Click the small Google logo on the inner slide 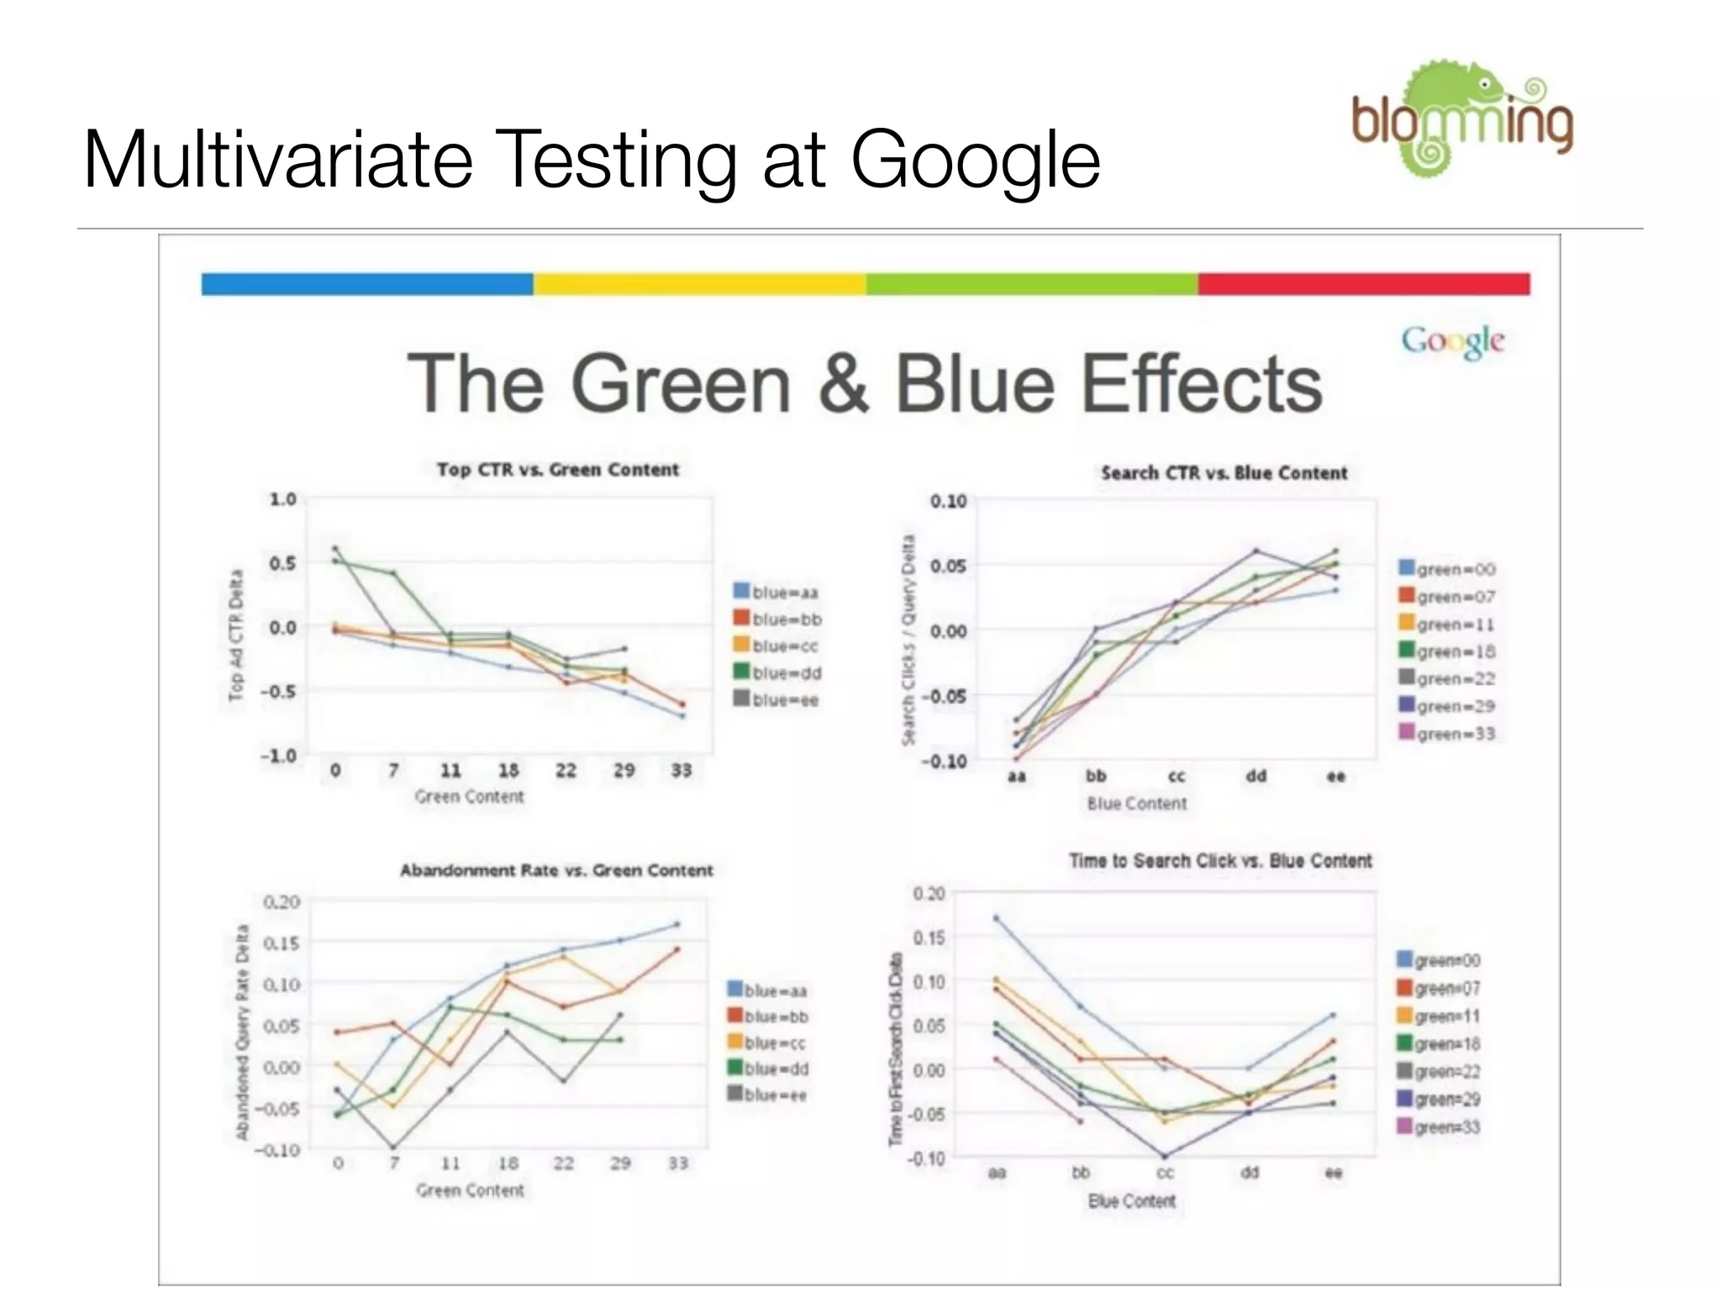pos(1452,340)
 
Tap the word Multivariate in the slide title pos(278,160)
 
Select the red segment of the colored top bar pos(1363,284)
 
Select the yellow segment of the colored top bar pos(699,284)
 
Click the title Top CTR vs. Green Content pos(557,470)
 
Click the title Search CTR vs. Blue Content pos(1224,473)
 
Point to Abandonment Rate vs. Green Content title pos(556,871)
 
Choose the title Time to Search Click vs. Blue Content pos(1220,861)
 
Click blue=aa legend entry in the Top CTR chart pos(776,593)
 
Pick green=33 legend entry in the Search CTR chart pos(1446,734)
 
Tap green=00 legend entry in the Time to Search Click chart pos(1438,961)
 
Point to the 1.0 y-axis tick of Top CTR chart pos(282,499)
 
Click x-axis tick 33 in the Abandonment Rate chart pos(677,1163)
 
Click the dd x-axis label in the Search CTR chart pos(1255,777)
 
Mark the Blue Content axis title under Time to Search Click pos(1132,1201)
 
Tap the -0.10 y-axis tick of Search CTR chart pos(948,761)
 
